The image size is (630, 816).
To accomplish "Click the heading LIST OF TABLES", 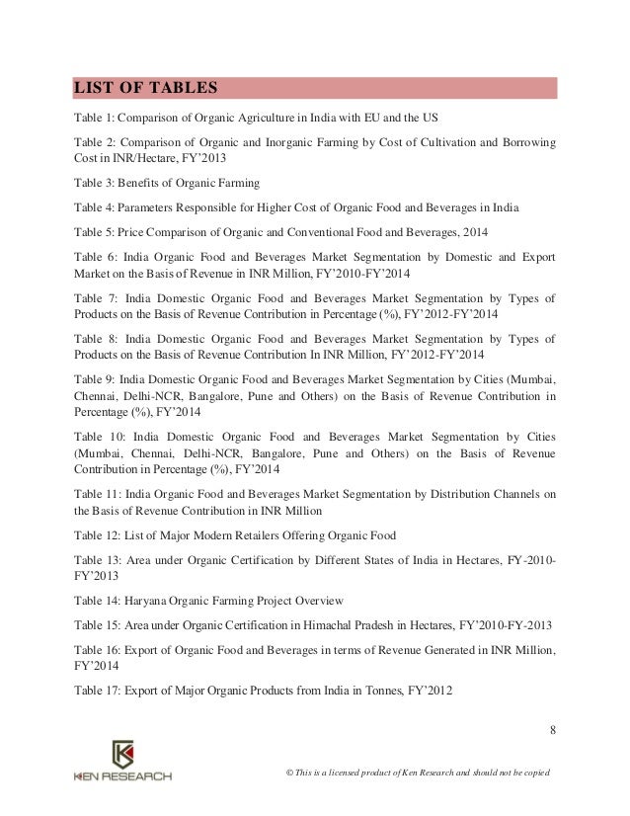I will coord(145,87).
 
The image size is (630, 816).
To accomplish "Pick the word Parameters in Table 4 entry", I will coord(151,208).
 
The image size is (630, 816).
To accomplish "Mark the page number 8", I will coord(553,731).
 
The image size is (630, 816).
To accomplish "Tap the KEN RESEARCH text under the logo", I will coord(122,776).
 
